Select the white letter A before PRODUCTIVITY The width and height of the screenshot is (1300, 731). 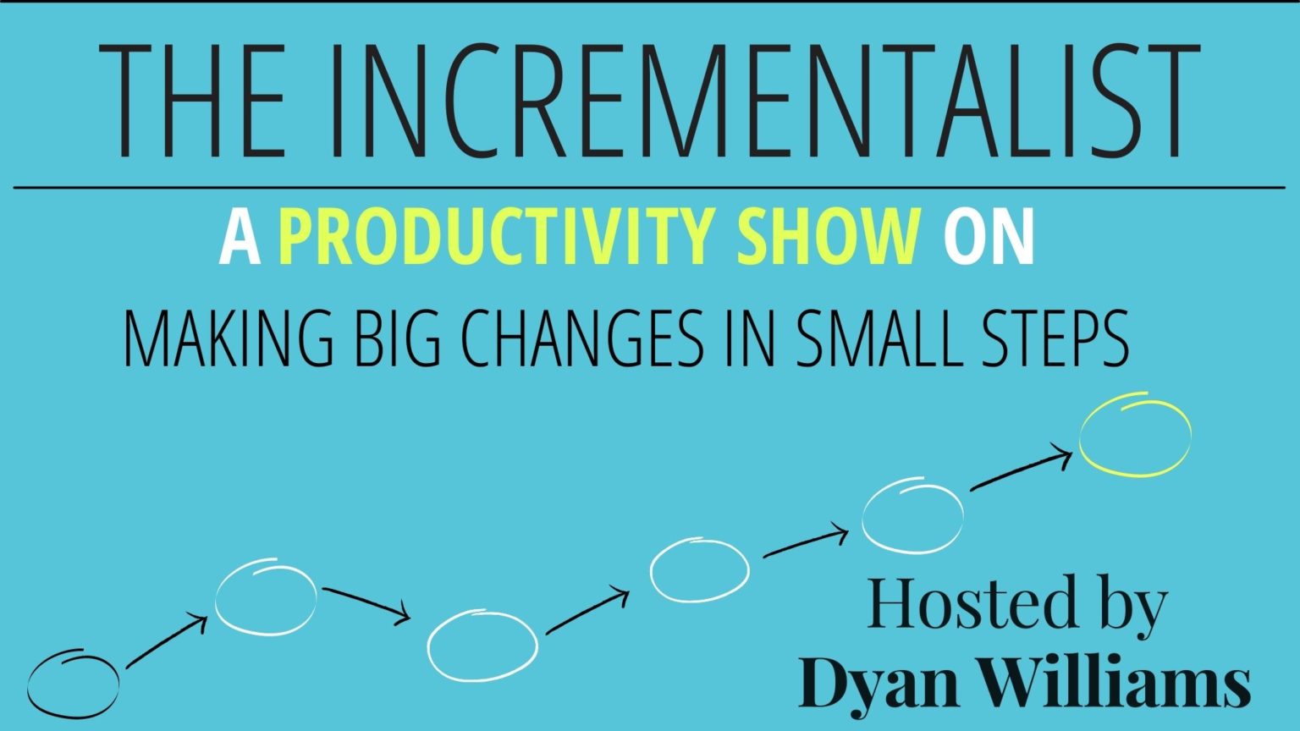point(240,239)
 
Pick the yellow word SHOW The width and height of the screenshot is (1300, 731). point(829,239)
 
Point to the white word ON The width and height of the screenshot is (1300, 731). point(989,239)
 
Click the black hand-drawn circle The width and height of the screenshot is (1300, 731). point(73,683)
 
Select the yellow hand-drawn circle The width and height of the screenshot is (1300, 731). point(1136,435)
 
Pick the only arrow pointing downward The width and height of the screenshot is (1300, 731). point(366,604)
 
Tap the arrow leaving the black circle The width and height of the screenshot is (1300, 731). point(167,642)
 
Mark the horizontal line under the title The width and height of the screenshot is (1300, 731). point(650,187)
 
